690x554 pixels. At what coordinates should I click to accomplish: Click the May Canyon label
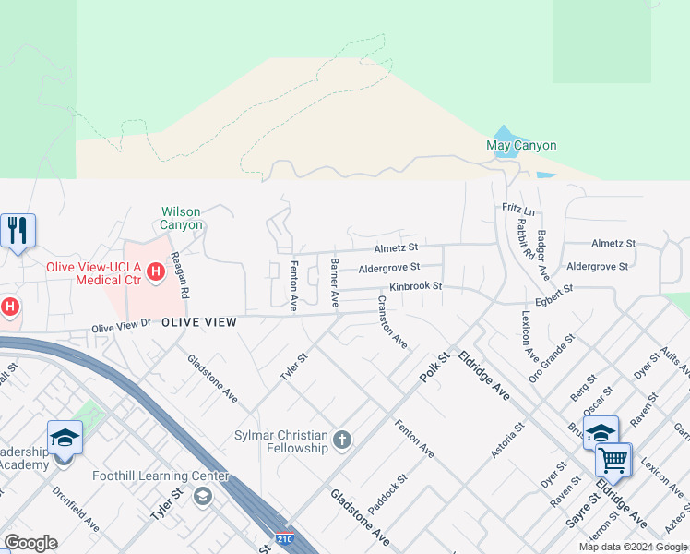(521, 145)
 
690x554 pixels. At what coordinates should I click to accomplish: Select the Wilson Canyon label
(181, 218)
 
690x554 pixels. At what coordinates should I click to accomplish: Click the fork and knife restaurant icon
(18, 230)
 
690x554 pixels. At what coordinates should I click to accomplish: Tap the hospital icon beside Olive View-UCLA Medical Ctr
(156, 271)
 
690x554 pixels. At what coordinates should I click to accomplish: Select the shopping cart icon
(613, 459)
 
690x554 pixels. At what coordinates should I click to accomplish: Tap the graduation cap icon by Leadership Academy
(65, 437)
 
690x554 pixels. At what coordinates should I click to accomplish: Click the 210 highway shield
(285, 537)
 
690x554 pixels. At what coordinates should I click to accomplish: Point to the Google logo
(30, 543)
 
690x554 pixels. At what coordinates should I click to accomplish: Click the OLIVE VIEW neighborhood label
(199, 322)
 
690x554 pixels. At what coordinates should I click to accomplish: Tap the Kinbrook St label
(415, 286)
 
